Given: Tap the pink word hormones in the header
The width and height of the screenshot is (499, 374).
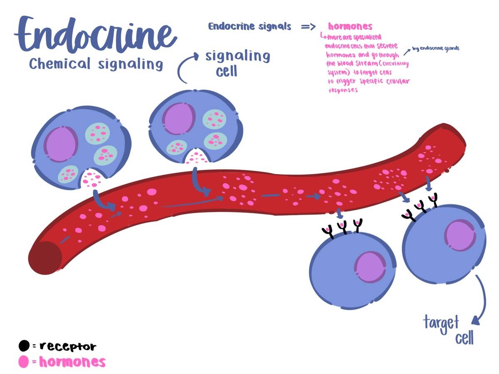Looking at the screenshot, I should point(350,27).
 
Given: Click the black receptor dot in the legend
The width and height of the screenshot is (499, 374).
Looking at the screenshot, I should point(24,346).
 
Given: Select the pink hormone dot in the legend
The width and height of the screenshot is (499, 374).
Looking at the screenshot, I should point(24,362).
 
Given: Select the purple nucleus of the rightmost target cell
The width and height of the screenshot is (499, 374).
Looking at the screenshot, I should point(460,235).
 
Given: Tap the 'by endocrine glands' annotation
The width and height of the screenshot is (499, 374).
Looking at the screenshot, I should point(436,48).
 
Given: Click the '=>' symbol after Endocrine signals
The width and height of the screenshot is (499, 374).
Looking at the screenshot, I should point(309,27).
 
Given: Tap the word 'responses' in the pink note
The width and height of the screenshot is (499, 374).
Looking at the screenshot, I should point(343,90).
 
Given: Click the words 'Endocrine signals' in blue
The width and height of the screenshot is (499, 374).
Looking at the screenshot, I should point(249,27).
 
